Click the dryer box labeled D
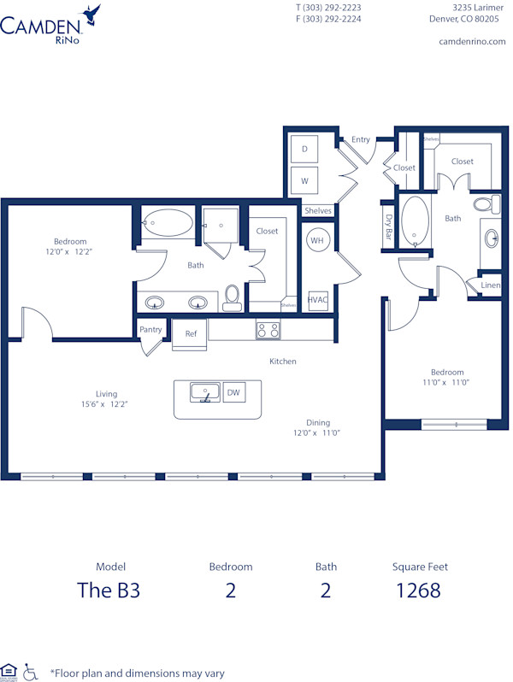[304, 149]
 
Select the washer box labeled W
[304, 181]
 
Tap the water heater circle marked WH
[317, 240]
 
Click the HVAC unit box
[317, 300]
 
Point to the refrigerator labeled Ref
[191, 334]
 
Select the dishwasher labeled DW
[233, 393]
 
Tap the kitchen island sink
[204, 393]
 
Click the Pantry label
[150, 329]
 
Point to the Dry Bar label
[388, 230]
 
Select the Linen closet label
[490, 285]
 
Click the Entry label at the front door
[361, 139]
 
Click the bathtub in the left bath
[167, 223]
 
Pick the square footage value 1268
[419, 590]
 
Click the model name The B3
[109, 590]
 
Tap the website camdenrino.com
[472, 41]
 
